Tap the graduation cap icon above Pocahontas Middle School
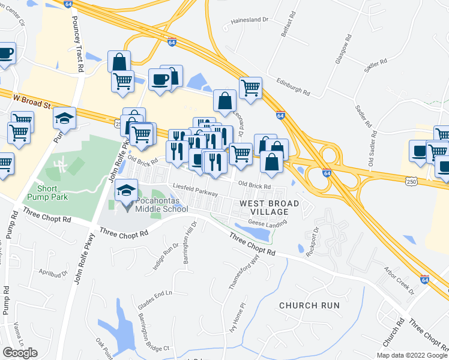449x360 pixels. click(x=125, y=190)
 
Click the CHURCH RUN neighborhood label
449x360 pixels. click(x=309, y=305)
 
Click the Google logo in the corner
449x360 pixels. click(x=20, y=353)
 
